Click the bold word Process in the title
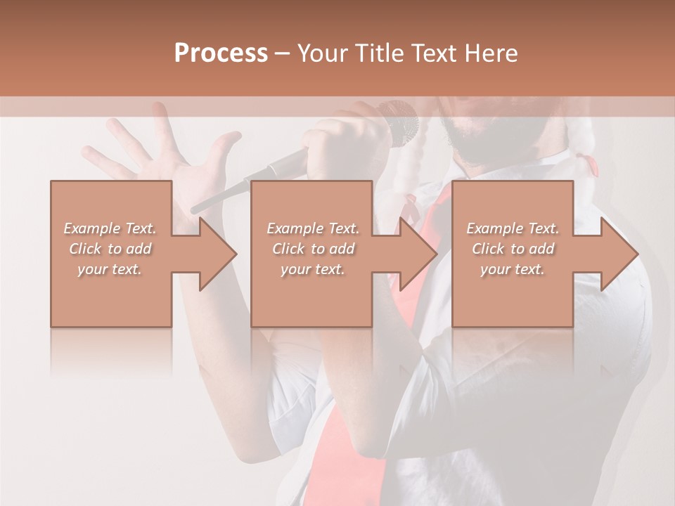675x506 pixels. [221, 53]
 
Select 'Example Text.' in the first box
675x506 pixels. [110, 228]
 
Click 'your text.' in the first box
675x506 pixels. [110, 269]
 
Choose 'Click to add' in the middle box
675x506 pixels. [313, 249]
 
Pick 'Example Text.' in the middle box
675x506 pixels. [313, 228]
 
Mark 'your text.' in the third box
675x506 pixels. [513, 269]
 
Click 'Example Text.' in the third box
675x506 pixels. [513, 228]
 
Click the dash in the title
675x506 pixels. [283, 53]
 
